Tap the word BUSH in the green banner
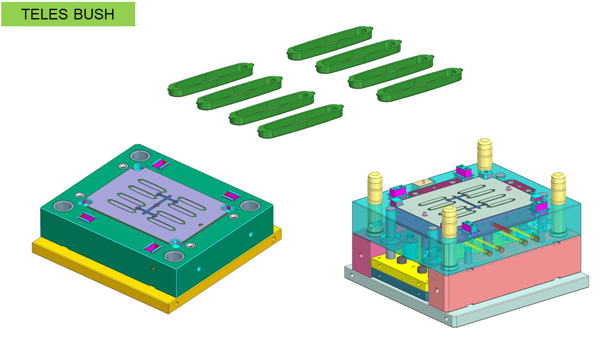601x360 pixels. (94, 14)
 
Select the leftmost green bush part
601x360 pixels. (211, 80)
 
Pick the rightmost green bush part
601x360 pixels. (419, 85)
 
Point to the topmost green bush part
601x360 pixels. (330, 43)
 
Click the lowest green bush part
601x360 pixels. (300, 121)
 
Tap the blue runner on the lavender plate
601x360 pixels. (156, 206)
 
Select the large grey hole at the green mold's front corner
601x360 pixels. (174, 256)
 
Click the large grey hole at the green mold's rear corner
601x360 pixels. (140, 155)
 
